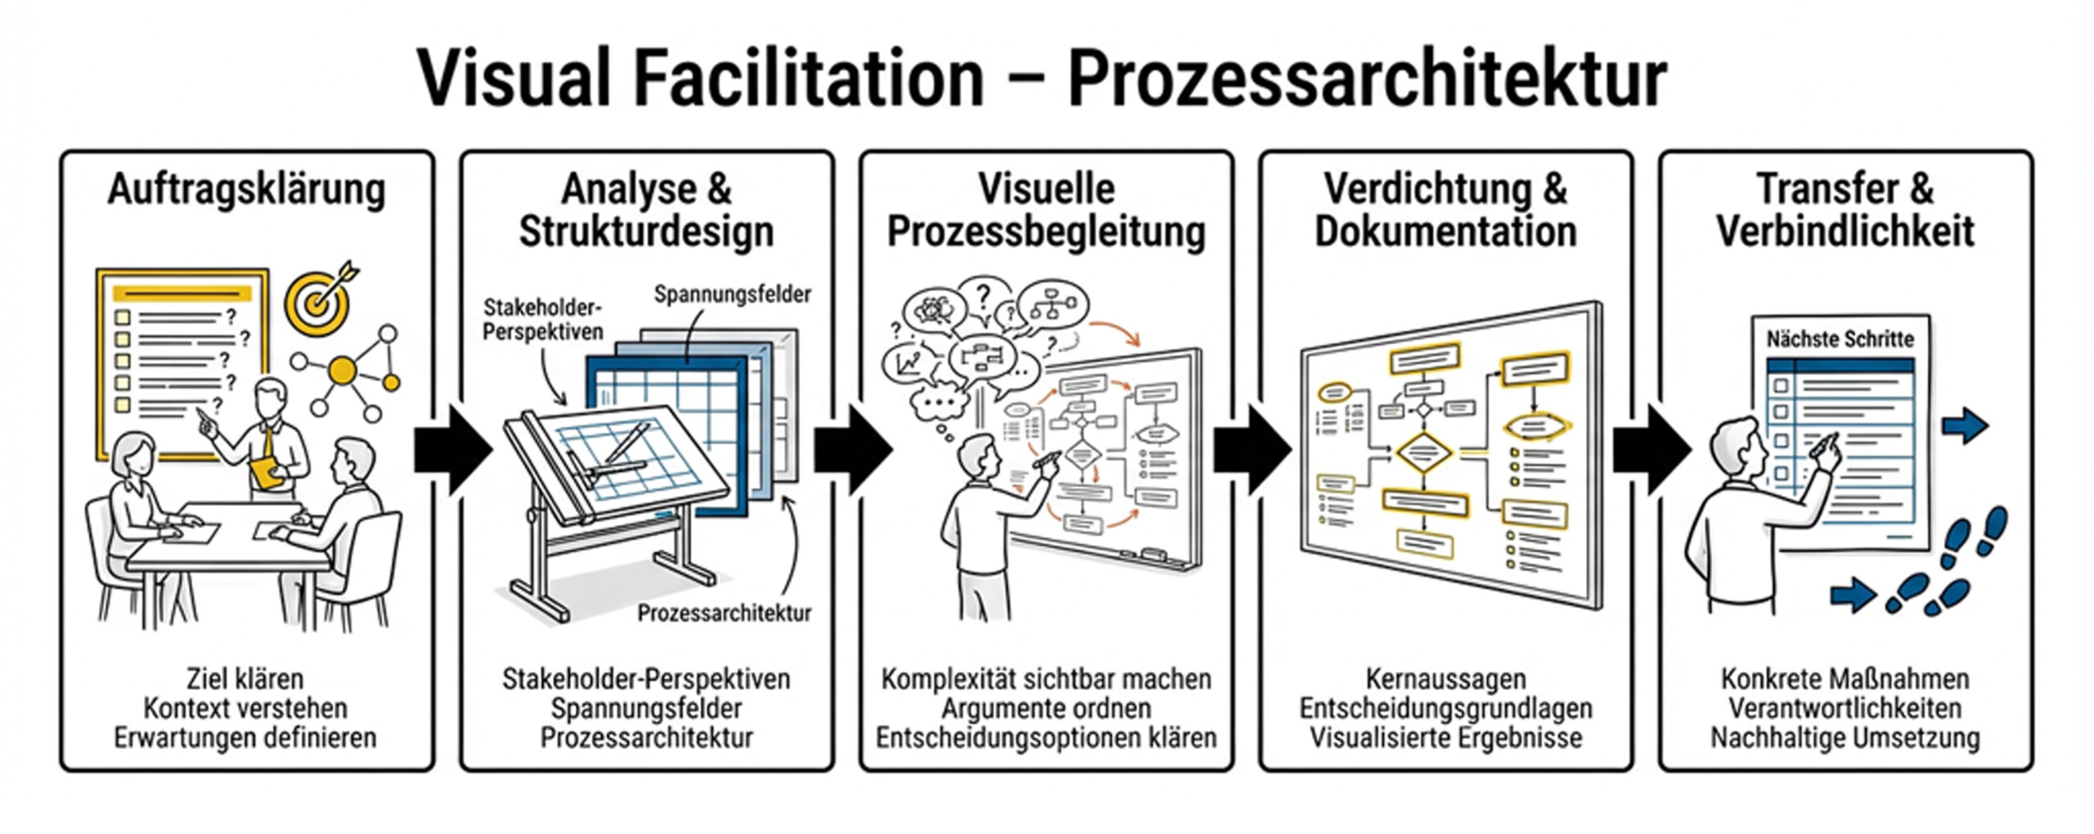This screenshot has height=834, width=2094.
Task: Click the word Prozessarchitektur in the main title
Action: point(1366,78)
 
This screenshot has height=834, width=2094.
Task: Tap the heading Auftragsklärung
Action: point(246,191)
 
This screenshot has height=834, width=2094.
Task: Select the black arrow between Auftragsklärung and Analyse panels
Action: point(452,449)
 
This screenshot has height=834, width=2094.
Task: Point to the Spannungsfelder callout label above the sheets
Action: point(732,294)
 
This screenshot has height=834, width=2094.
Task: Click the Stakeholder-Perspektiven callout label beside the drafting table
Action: point(542,319)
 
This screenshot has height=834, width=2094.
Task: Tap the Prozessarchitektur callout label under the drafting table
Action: point(724,612)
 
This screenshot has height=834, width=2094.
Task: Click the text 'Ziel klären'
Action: point(245,679)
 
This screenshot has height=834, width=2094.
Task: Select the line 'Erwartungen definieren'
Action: point(245,738)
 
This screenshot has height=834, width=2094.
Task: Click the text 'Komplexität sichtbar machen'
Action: point(1045,679)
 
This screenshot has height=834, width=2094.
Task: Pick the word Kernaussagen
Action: point(1445,679)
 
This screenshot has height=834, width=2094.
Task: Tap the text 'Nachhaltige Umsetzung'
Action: point(1845,738)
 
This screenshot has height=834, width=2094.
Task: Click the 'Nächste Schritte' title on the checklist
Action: point(1840,339)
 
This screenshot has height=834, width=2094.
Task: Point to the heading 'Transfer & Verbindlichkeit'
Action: point(1845,210)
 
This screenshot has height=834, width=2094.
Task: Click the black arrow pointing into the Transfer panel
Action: point(1651,449)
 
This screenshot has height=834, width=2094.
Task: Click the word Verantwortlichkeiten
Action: point(1845,708)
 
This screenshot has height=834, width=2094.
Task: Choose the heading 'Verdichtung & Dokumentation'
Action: point(1445,210)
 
